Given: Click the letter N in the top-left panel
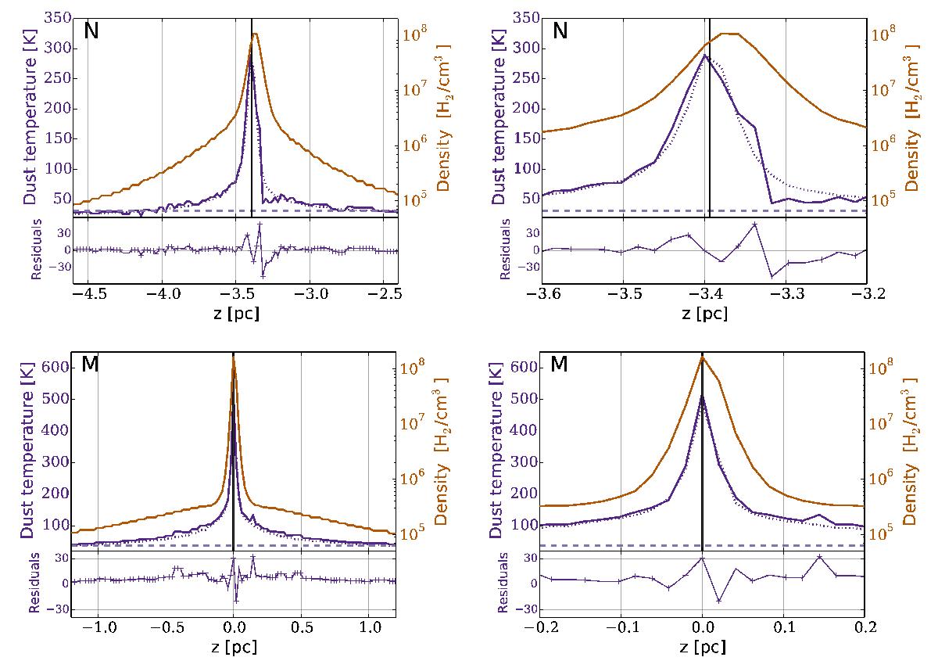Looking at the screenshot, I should click(91, 34).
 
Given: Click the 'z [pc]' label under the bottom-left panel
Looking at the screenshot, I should click(234, 648).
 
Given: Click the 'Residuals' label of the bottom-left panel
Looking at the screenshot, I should click(34, 584).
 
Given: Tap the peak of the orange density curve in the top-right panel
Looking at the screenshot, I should click(729, 34).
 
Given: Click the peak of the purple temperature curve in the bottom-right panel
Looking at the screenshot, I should click(702, 396).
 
